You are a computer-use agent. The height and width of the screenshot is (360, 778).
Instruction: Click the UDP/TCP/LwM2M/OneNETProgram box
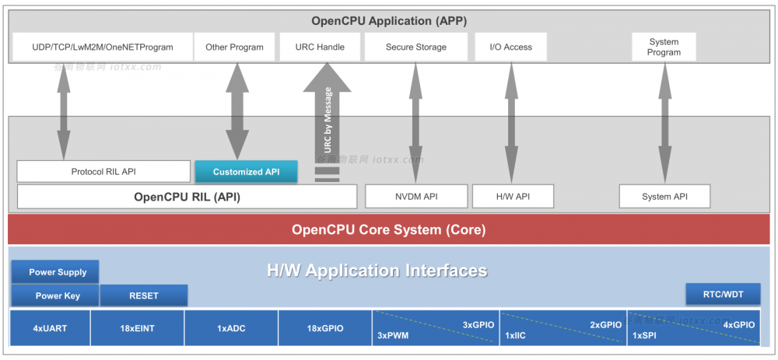point(103,47)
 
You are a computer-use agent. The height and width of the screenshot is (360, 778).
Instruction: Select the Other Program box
point(234,47)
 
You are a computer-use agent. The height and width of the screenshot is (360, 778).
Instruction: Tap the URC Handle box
point(320,47)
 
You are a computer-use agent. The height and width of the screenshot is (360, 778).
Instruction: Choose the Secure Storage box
point(416,47)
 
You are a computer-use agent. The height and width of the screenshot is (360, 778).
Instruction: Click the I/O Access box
point(511,47)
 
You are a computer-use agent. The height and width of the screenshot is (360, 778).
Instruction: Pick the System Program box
point(664,47)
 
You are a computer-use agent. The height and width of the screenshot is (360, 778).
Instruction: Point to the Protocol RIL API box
point(103,172)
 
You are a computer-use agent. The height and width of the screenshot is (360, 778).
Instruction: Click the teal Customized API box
point(246,172)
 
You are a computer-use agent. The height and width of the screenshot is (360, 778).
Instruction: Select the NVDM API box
point(416,197)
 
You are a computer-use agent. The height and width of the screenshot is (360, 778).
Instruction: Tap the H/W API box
point(513,197)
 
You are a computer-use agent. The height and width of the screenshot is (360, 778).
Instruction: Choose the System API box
point(665,197)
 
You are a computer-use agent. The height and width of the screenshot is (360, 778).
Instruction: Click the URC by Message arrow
point(328,117)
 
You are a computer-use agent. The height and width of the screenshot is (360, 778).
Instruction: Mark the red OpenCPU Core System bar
point(389,229)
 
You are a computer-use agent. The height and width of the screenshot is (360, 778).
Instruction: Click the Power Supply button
point(54,272)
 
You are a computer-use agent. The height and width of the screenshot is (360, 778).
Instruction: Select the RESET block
point(144,296)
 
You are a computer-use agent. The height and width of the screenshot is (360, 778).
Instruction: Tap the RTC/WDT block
point(723,295)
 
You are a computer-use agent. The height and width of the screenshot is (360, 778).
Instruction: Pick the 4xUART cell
point(51,328)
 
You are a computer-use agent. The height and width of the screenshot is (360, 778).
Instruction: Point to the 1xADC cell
point(231,328)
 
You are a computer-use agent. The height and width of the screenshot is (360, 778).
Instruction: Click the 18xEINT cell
point(138,328)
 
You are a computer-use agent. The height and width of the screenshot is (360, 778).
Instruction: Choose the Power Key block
point(54,296)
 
